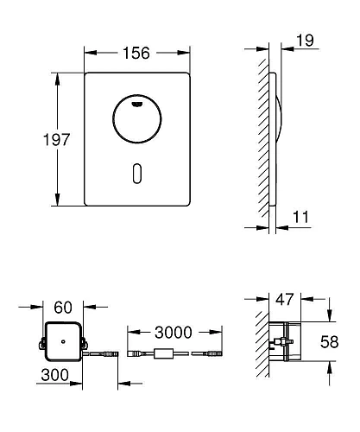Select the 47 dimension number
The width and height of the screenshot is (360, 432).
coord(285,300)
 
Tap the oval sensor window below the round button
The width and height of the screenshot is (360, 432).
coord(137,173)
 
